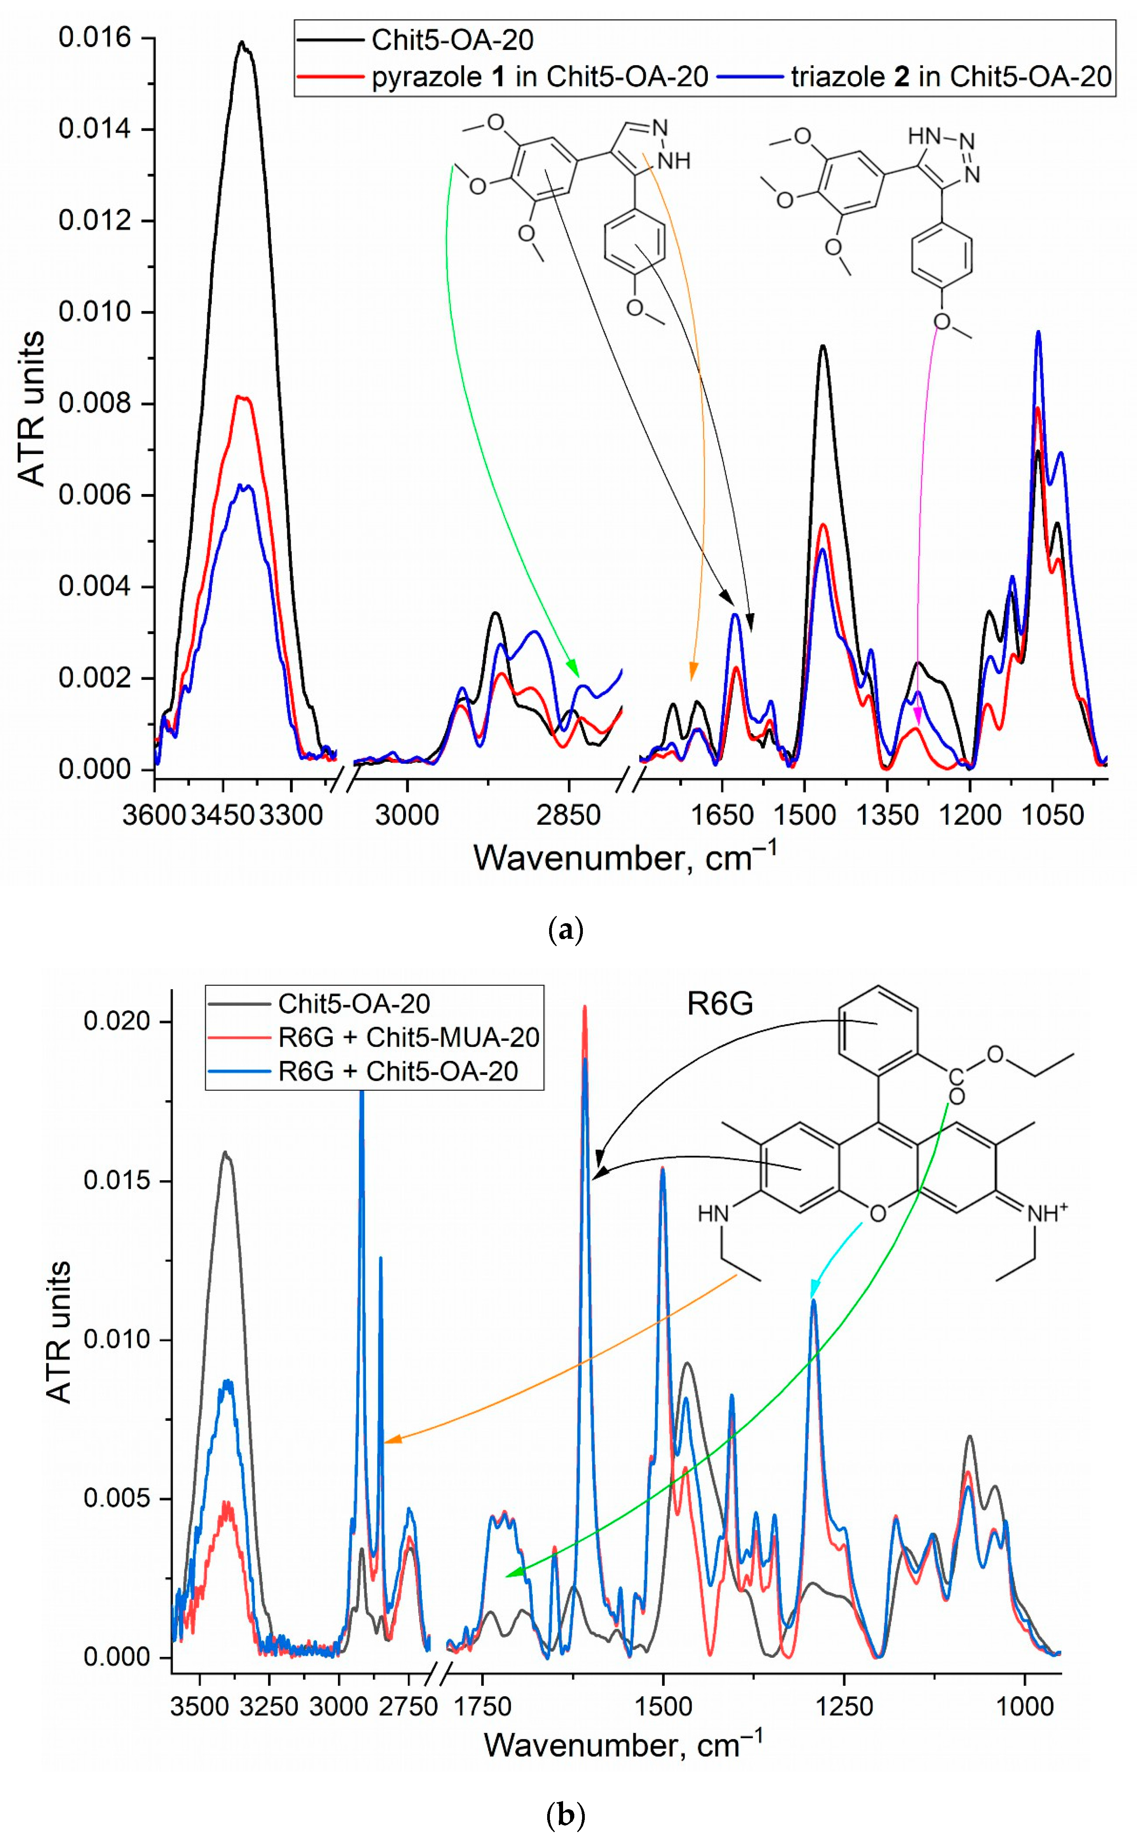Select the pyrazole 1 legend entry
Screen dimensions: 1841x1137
539,77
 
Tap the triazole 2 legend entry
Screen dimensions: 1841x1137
950,77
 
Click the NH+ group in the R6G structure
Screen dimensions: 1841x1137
1047,1213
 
